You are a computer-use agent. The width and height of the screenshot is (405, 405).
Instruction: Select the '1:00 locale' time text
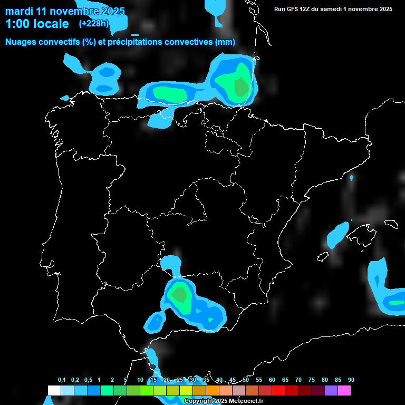pyautogui.click(x=37, y=24)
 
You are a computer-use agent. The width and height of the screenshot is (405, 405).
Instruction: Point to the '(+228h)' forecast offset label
pyautogui.click(x=94, y=23)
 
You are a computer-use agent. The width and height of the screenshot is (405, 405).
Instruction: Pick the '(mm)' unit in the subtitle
pyautogui.click(x=225, y=42)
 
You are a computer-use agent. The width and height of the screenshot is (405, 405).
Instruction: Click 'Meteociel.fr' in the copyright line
pyautogui.click(x=246, y=401)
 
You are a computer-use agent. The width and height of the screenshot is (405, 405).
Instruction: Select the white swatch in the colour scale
pyautogui.click(x=54, y=391)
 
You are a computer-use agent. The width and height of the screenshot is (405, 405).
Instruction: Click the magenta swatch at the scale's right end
pyautogui.click(x=344, y=391)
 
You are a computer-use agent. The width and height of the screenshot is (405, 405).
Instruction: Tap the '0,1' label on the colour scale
pyautogui.click(x=62, y=380)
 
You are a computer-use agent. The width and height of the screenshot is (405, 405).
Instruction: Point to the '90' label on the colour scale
pyautogui.click(x=351, y=380)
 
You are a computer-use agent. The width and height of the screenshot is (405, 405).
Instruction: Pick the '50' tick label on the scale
pyautogui.click(x=246, y=380)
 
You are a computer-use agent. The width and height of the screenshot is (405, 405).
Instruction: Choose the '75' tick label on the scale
pyautogui.click(x=311, y=380)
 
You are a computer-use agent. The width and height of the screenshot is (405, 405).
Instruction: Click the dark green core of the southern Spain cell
pyautogui.click(x=179, y=294)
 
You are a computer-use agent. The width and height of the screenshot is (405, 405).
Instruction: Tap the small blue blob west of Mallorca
pyautogui.click(x=337, y=235)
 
